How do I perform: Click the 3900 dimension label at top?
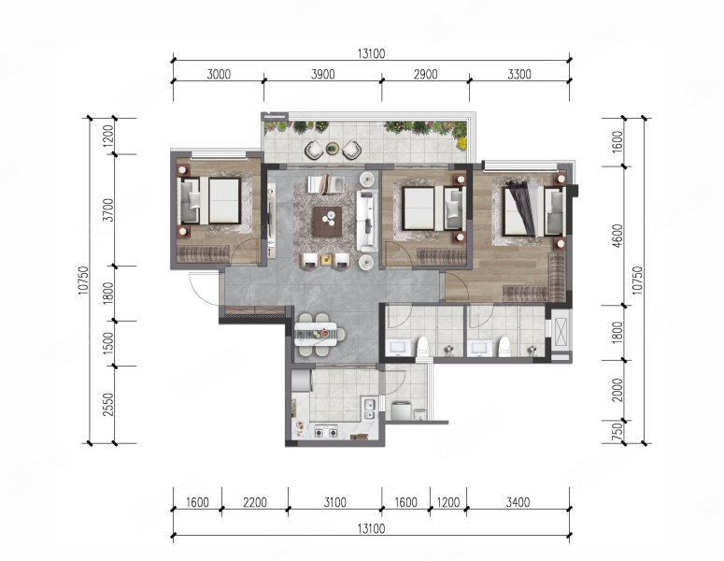322,74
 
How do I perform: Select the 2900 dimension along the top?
425,74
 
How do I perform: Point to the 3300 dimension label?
519,74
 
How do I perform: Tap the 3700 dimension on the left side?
108,209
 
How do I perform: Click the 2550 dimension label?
108,404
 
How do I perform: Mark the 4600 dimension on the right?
618,236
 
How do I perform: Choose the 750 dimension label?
618,432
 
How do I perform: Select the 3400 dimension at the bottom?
518,502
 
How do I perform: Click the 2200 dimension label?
255,502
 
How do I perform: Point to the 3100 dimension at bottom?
334,502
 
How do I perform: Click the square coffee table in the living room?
327,222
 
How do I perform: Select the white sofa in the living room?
366,221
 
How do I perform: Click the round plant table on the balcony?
332,149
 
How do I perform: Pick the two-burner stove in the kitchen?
326,433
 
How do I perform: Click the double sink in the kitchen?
369,409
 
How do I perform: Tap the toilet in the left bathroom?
423,347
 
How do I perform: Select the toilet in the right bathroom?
504,347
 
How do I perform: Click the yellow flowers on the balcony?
461,143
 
